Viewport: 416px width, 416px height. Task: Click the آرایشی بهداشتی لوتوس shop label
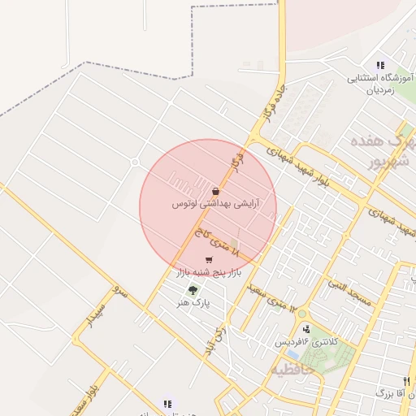pyautogui.click(x=214, y=205)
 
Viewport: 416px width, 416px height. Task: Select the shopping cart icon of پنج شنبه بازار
pyautogui.click(x=210, y=260)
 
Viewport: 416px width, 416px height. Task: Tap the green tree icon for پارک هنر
pyautogui.click(x=193, y=290)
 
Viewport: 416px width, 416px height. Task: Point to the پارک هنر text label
pyautogui.click(x=194, y=302)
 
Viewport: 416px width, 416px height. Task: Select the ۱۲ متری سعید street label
pyautogui.click(x=280, y=298)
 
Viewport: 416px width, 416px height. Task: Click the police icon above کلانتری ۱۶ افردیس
pyautogui.click(x=306, y=329)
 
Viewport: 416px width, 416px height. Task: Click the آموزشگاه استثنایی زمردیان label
pyautogui.click(x=381, y=84)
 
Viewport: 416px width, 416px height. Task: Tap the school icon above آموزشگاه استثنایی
pyautogui.click(x=379, y=65)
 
